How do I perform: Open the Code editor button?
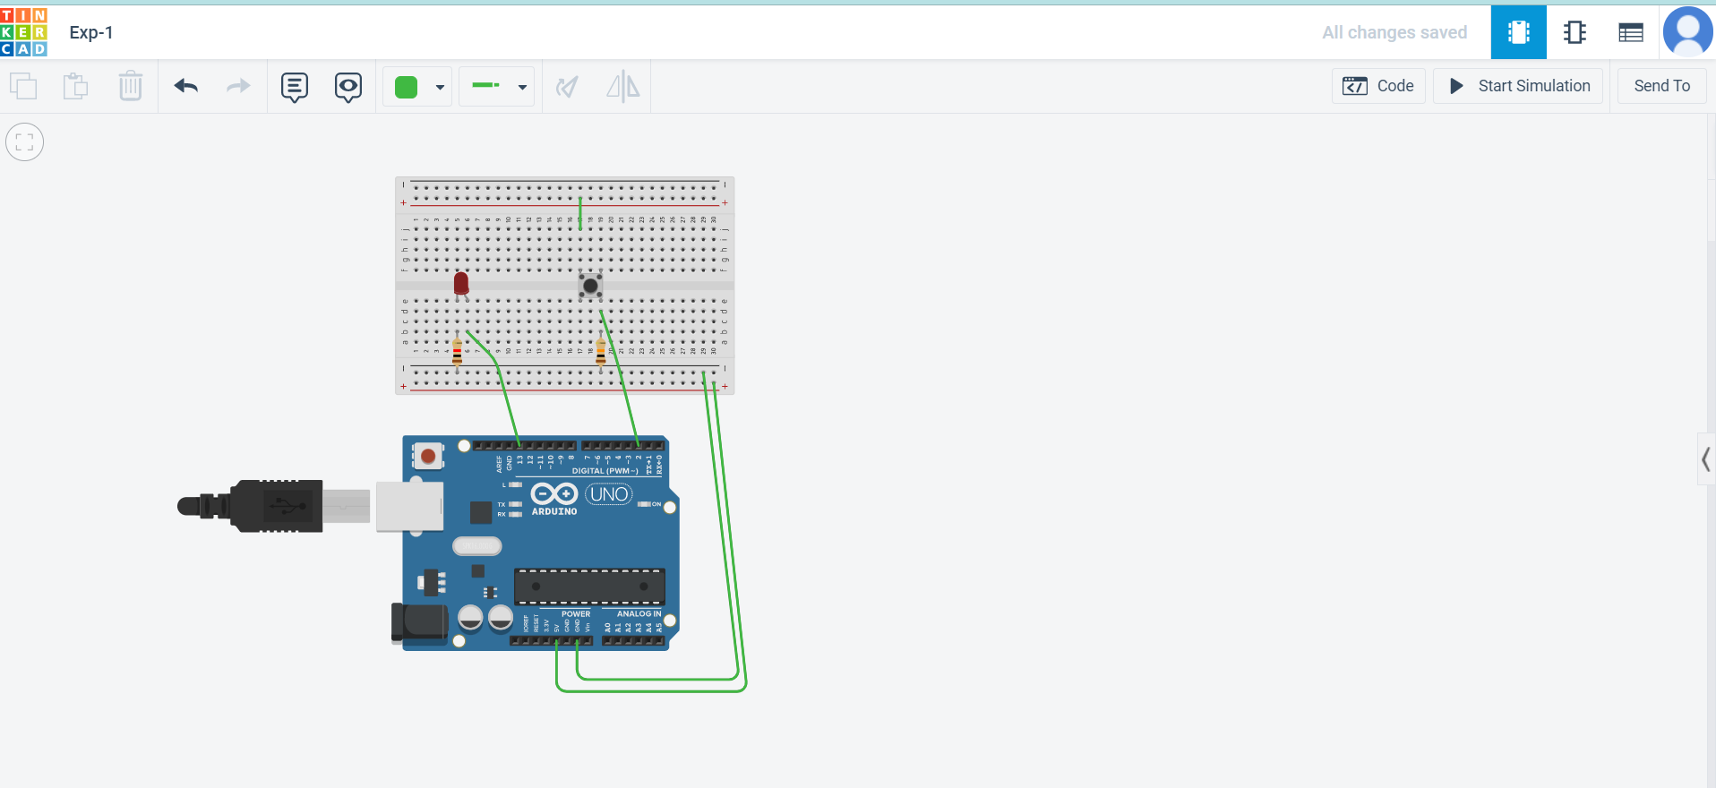[1378, 86]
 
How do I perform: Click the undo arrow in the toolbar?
[185, 86]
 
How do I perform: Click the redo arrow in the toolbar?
[238, 86]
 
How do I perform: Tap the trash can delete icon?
[131, 86]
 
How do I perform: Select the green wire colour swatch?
[407, 87]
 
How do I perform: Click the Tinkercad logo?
[24, 32]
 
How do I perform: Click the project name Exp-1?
[91, 32]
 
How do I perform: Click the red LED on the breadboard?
[461, 283]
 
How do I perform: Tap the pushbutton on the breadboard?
[589, 286]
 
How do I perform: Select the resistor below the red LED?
[458, 351]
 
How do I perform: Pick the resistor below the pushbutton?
[600, 351]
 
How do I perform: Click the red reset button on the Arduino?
[428, 457]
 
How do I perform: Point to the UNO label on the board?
[609, 494]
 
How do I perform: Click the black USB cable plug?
[269, 506]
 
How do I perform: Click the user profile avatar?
[1687, 32]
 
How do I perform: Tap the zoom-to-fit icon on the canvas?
[25, 141]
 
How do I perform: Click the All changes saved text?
[1394, 32]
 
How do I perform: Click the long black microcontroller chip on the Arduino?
[589, 587]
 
